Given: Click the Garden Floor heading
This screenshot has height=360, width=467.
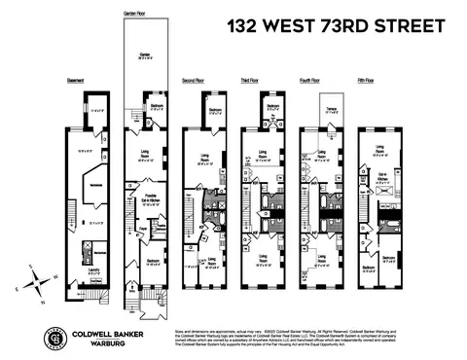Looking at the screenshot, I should (x=135, y=15).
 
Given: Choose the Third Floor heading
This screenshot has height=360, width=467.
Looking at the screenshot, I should (x=257, y=80).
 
